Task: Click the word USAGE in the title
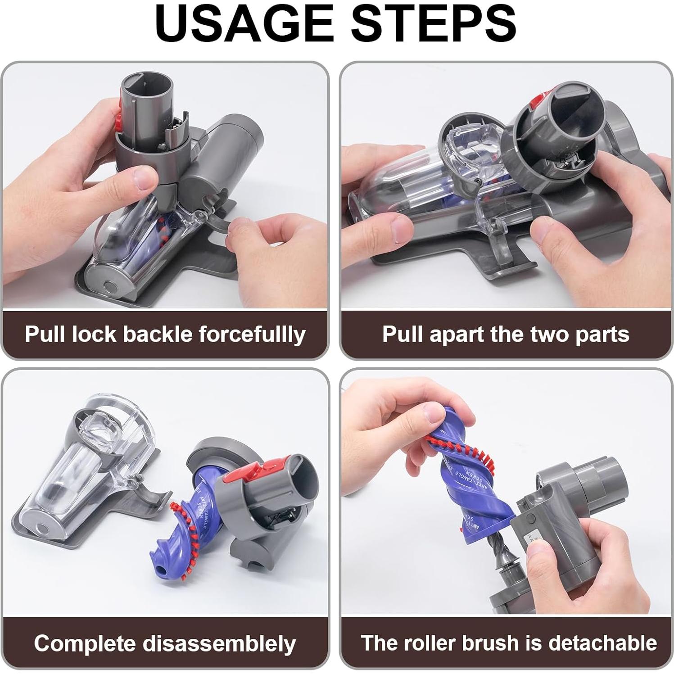point(245,23)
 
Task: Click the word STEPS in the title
point(433,23)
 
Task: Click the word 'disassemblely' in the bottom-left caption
point(219,643)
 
